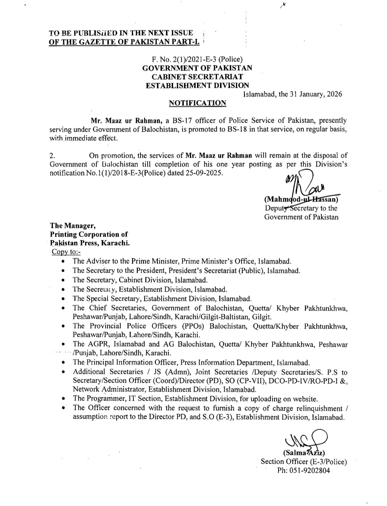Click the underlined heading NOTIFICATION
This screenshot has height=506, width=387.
click(197, 103)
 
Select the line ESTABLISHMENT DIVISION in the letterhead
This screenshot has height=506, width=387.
click(197, 85)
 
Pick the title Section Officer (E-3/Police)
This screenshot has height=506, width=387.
click(304, 462)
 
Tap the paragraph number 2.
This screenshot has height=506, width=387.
click(52, 156)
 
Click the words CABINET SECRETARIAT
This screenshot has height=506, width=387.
click(197, 77)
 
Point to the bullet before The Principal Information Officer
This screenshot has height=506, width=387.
click(63, 363)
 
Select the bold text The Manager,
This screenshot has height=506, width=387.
click(73, 225)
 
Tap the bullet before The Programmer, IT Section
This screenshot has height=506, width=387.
click(63, 398)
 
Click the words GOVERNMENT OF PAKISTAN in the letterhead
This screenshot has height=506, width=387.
click(197, 68)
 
